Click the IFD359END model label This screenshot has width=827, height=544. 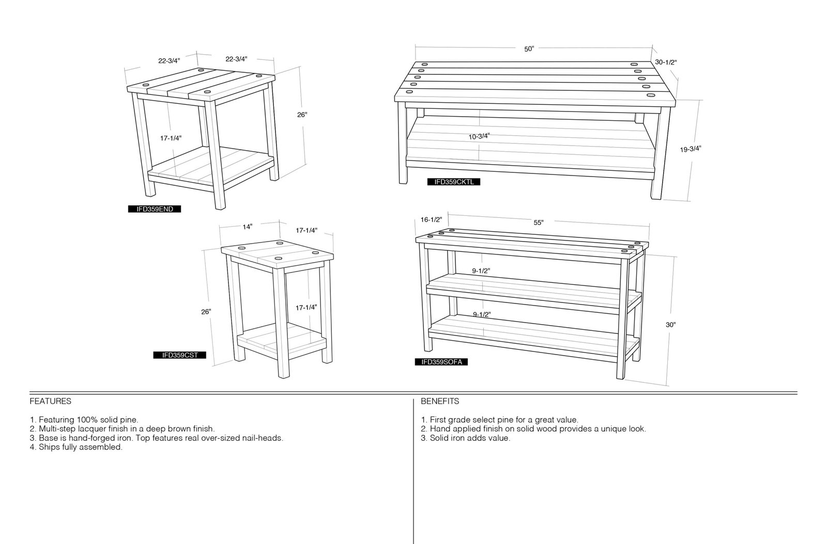155,209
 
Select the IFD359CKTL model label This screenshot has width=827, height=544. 454,182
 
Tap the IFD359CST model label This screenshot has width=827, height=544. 180,355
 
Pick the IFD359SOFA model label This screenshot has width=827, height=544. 441,362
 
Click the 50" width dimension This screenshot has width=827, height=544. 529,49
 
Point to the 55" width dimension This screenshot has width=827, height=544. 539,222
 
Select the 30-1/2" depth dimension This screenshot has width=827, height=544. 666,62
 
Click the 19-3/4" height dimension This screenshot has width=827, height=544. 691,149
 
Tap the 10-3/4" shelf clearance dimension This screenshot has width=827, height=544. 479,136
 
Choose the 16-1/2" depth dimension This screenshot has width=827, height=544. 431,220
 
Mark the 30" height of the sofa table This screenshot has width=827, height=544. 671,325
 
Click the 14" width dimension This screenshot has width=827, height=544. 248,227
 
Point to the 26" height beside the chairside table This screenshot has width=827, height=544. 206,312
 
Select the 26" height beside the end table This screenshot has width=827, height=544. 302,115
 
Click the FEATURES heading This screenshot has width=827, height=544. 51,401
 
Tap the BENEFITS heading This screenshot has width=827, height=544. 440,401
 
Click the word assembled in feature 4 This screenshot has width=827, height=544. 103,447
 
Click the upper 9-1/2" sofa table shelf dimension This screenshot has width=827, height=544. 481,271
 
